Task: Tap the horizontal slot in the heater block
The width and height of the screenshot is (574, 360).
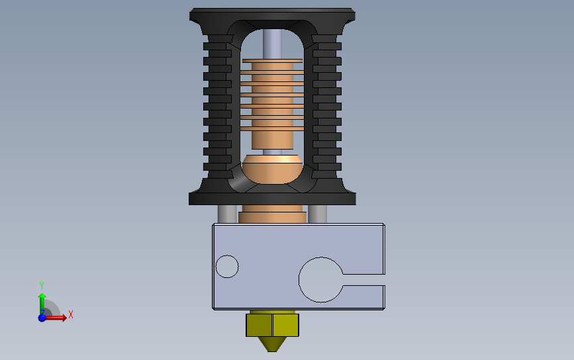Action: point(363,280)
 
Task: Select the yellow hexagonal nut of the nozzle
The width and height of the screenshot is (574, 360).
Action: point(272,325)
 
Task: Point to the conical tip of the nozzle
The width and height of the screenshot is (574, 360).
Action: point(272,344)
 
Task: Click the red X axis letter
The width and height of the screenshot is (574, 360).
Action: point(71,314)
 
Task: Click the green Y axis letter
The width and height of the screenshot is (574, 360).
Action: point(41,285)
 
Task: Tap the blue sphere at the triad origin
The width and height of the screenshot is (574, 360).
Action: point(42,318)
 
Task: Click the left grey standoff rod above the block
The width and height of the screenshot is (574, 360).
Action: point(227,214)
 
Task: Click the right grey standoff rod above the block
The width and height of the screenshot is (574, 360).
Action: point(317,214)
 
